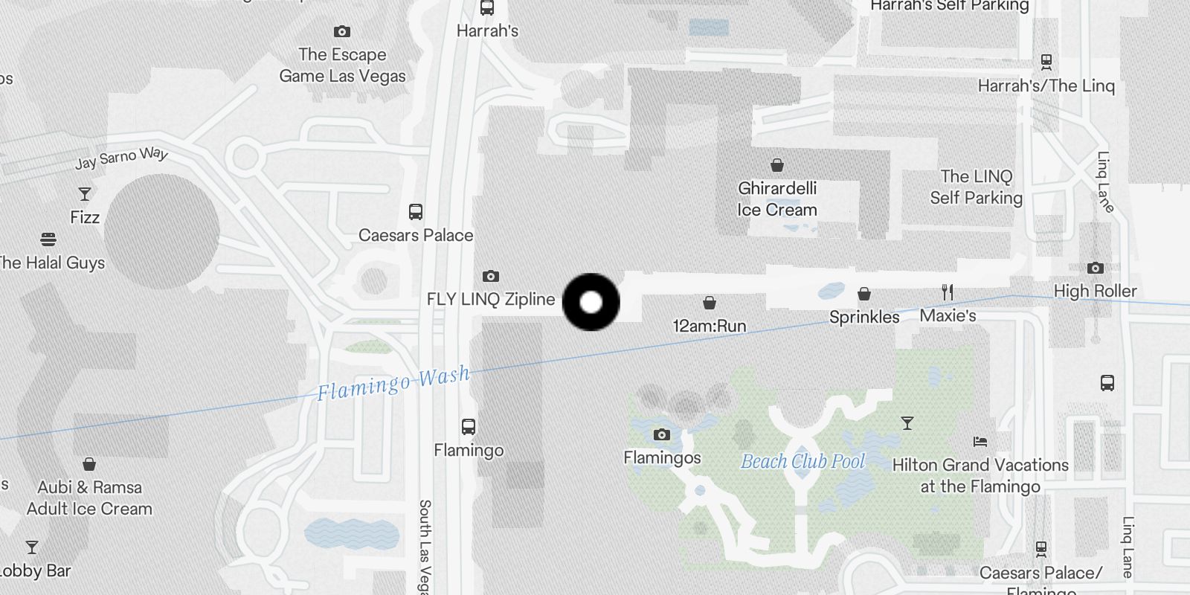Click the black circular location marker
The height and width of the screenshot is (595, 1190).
coord(591,302)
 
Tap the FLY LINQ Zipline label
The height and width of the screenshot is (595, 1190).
coord(491,299)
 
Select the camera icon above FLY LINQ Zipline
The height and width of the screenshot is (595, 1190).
coord(490,276)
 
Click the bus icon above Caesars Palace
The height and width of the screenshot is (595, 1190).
coord(416,212)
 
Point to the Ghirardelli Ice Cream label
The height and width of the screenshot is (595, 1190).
coord(777,199)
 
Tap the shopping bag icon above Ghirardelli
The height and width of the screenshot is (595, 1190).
coord(777,165)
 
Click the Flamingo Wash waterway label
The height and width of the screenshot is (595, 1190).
coord(393,383)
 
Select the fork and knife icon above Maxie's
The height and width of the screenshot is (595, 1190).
coord(948,292)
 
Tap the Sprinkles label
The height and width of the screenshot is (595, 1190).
coord(864,317)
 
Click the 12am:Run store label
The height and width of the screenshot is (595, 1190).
coord(710,326)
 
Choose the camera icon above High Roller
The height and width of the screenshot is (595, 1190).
coord(1095,268)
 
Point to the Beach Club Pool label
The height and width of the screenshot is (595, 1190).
coord(803,461)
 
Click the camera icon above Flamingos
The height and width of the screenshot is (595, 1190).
coord(662,434)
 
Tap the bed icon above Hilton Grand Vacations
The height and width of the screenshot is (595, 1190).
coord(980,442)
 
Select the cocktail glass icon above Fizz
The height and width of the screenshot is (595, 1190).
coord(85,194)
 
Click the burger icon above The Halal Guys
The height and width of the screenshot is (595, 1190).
coord(48,239)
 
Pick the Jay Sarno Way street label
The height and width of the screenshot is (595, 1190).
coord(122,158)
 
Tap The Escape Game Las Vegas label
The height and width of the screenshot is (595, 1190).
coord(342,65)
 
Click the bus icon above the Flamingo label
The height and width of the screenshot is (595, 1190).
coord(468,427)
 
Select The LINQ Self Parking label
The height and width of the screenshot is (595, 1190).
coord(976,187)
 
